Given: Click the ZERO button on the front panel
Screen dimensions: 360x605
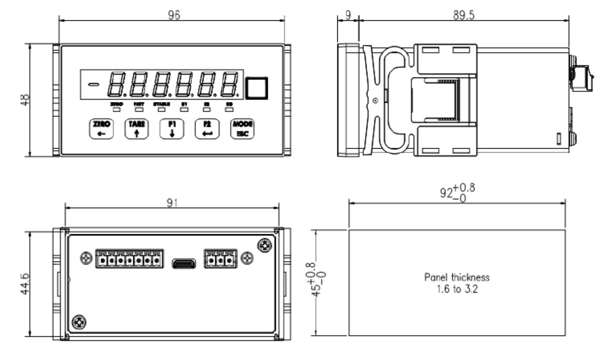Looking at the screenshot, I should point(100,128).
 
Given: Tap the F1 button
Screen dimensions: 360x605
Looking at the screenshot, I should point(171,128).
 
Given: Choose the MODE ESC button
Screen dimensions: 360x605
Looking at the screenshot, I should point(242,128).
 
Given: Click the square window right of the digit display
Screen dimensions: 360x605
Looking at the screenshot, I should point(256,88).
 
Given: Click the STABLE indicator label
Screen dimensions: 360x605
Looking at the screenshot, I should point(161,104).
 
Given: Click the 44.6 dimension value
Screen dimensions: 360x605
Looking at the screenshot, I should point(27,284).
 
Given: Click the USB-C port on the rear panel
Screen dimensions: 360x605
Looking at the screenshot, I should point(184,262).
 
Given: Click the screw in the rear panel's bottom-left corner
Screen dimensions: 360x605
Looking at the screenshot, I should point(80,322).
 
